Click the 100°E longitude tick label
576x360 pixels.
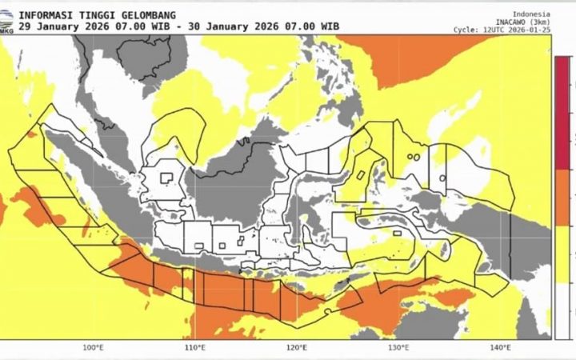coord(94,347)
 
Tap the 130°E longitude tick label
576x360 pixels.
coord(398,347)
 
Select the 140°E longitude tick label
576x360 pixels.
coord(501,347)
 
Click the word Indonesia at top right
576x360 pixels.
coord(531,14)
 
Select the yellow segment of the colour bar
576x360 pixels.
coord(563,256)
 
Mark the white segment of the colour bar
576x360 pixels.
coord(563,312)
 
